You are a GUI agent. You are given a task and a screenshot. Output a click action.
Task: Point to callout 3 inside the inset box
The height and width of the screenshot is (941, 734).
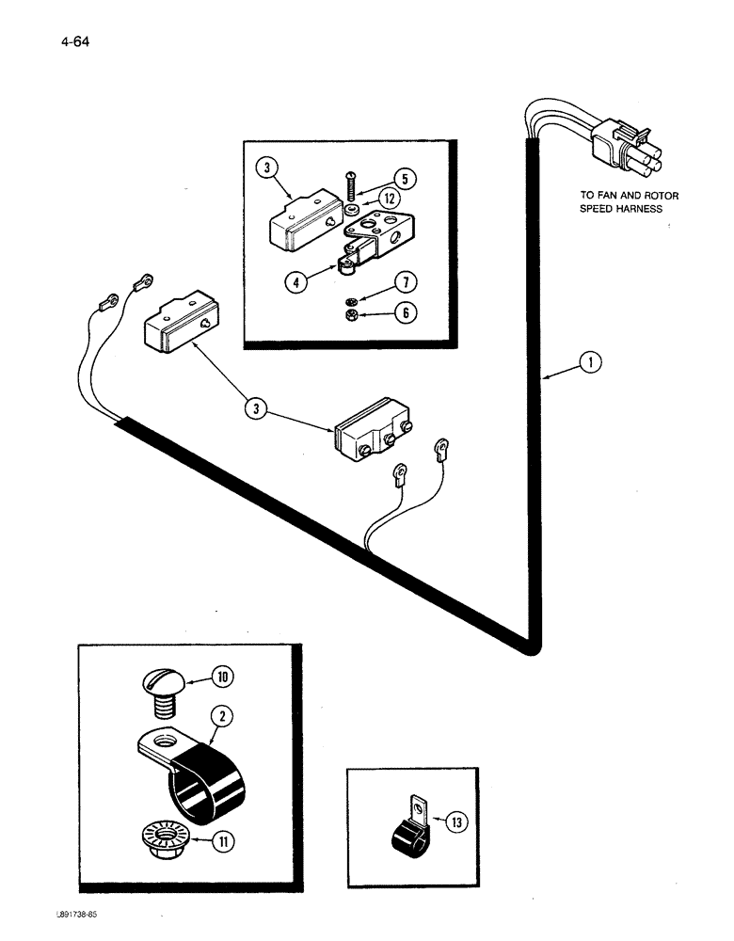[x=267, y=169]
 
